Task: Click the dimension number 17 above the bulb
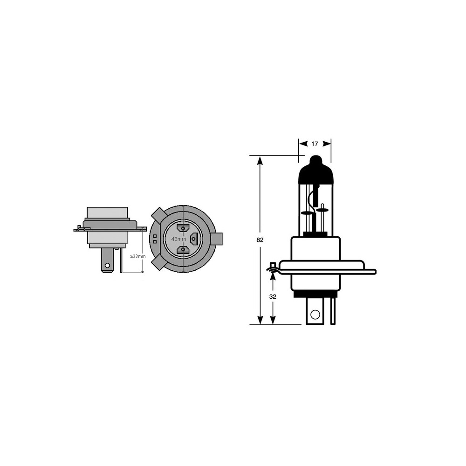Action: (315, 144)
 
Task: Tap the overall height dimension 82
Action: (260, 240)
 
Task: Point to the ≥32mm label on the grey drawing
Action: (137, 256)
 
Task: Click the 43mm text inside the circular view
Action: (179, 239)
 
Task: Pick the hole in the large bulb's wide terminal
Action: (315, 314)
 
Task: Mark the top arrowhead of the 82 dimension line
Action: (260, 160)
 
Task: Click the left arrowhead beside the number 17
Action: (302, 144)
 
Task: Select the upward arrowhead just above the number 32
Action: (273, 276)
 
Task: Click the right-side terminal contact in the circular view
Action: (195, 239)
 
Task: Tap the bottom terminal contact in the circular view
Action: (183, 250)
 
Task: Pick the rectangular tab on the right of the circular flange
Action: (217, 239)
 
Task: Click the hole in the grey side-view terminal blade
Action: (108, 266)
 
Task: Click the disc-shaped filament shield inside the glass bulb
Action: (307, 213)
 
